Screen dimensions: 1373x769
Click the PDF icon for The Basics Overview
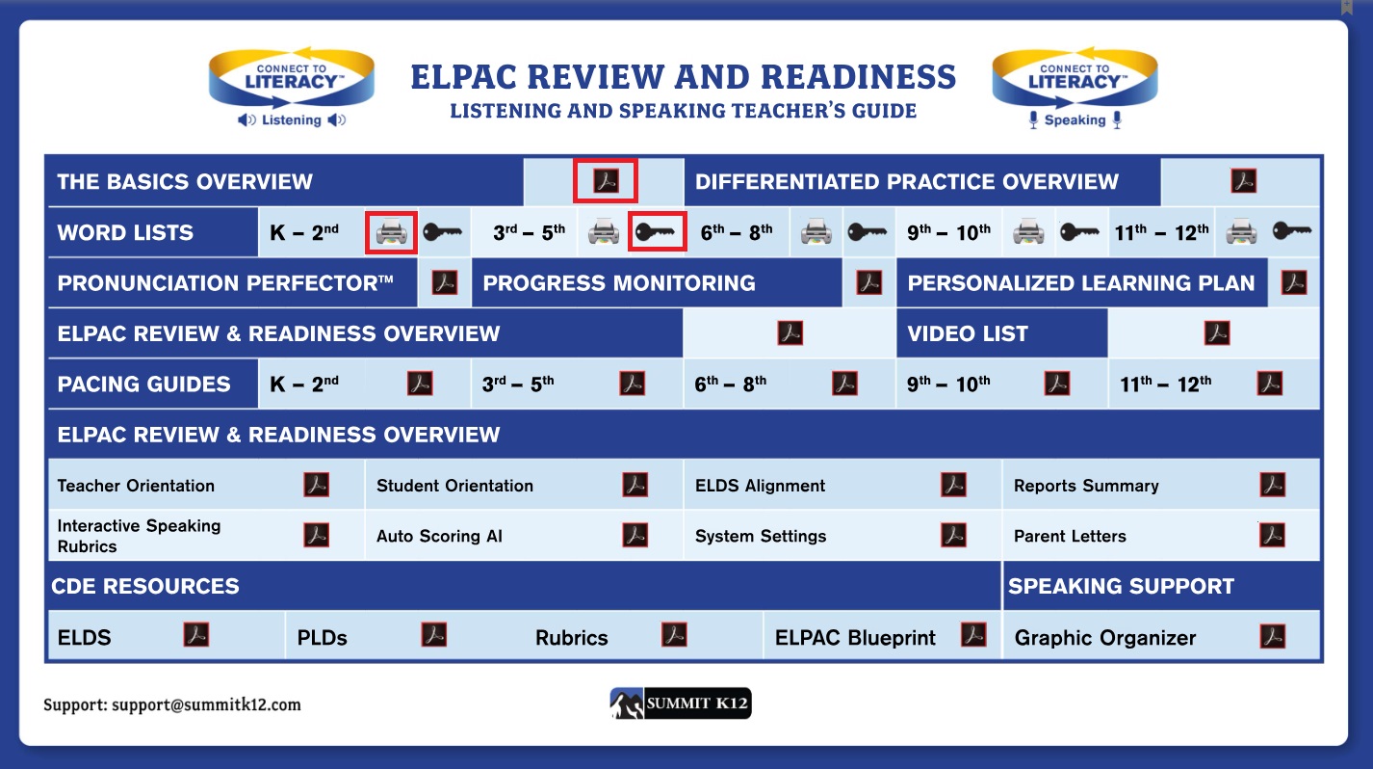606,181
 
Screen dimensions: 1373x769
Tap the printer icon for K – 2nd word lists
391,232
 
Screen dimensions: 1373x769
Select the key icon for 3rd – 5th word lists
656,232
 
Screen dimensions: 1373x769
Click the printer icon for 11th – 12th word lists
1241,232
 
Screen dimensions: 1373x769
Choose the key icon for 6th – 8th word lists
867,232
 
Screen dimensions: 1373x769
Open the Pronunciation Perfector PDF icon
445,282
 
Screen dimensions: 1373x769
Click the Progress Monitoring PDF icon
869,282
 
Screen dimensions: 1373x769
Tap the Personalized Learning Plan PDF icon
1294,282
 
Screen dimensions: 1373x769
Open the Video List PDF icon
1217,333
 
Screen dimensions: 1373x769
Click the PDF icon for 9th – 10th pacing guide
1057,384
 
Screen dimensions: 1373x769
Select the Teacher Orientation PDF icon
316,485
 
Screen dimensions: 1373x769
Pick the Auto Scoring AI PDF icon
635,535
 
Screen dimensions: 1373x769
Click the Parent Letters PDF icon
1273,535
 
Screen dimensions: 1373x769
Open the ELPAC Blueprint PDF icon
973,635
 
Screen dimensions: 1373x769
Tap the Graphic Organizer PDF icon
1273,636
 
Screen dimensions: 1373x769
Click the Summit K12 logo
681,703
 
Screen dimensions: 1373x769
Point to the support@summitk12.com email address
207,704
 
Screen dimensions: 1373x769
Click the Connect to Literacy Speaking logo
1075,87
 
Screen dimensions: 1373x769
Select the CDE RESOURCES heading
145,586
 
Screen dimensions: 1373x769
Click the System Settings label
761,536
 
